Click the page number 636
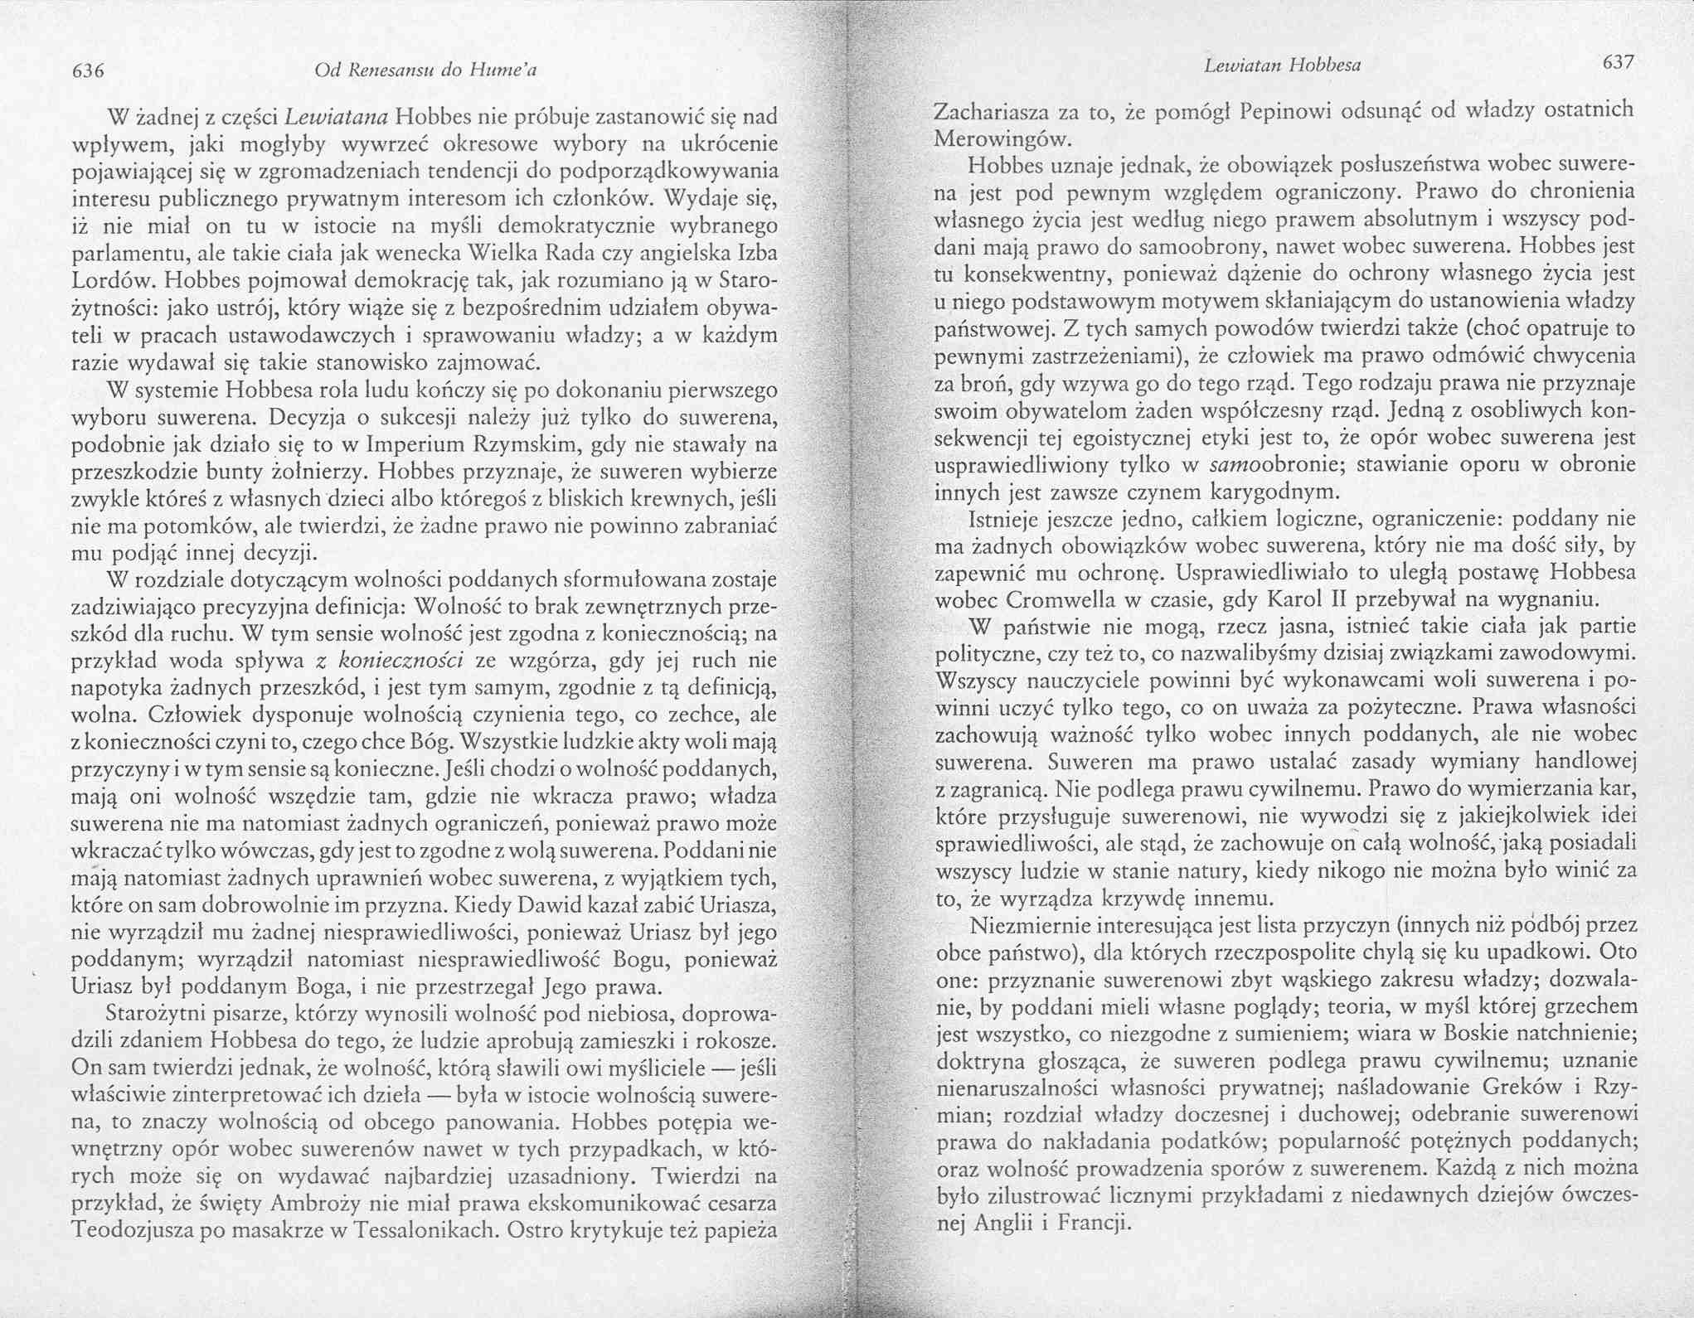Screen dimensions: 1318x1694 coord(88,71)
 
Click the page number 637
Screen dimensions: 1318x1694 coord(1618,63)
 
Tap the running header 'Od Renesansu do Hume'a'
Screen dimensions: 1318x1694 coord(426,70)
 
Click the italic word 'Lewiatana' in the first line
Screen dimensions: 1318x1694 coord(337,118)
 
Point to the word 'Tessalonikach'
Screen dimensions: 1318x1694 coord(425,1231)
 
